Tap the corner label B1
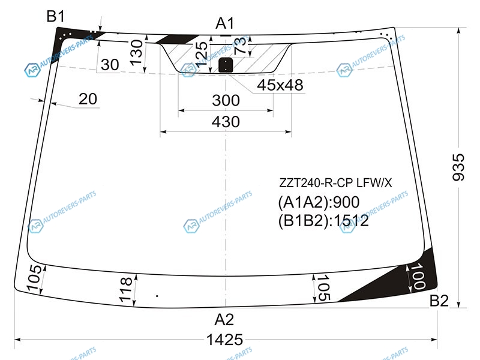56,17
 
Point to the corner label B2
439,301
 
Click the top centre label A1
224,24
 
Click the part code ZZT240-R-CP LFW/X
335,182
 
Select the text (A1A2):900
318,202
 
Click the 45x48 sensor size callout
280,86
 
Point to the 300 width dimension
226,101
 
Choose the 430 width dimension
226,122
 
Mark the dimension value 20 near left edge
88,99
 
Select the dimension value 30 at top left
110,65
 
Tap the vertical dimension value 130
136,52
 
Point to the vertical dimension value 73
239,46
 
